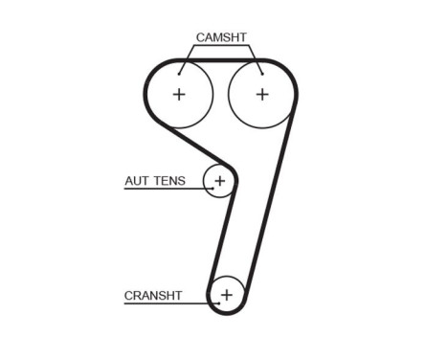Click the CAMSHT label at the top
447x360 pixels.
tap(221, 37)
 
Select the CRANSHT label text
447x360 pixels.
tap(153, 296)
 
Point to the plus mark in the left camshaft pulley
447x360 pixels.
tap(179, 94)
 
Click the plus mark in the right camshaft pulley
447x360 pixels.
tap(261, 94)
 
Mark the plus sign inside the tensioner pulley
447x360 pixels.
tap(219, 180)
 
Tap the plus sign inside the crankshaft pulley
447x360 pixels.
tap(227, 294)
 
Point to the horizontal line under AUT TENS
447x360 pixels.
tap(163, 189)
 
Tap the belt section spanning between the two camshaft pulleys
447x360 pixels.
tap(220, 60)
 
